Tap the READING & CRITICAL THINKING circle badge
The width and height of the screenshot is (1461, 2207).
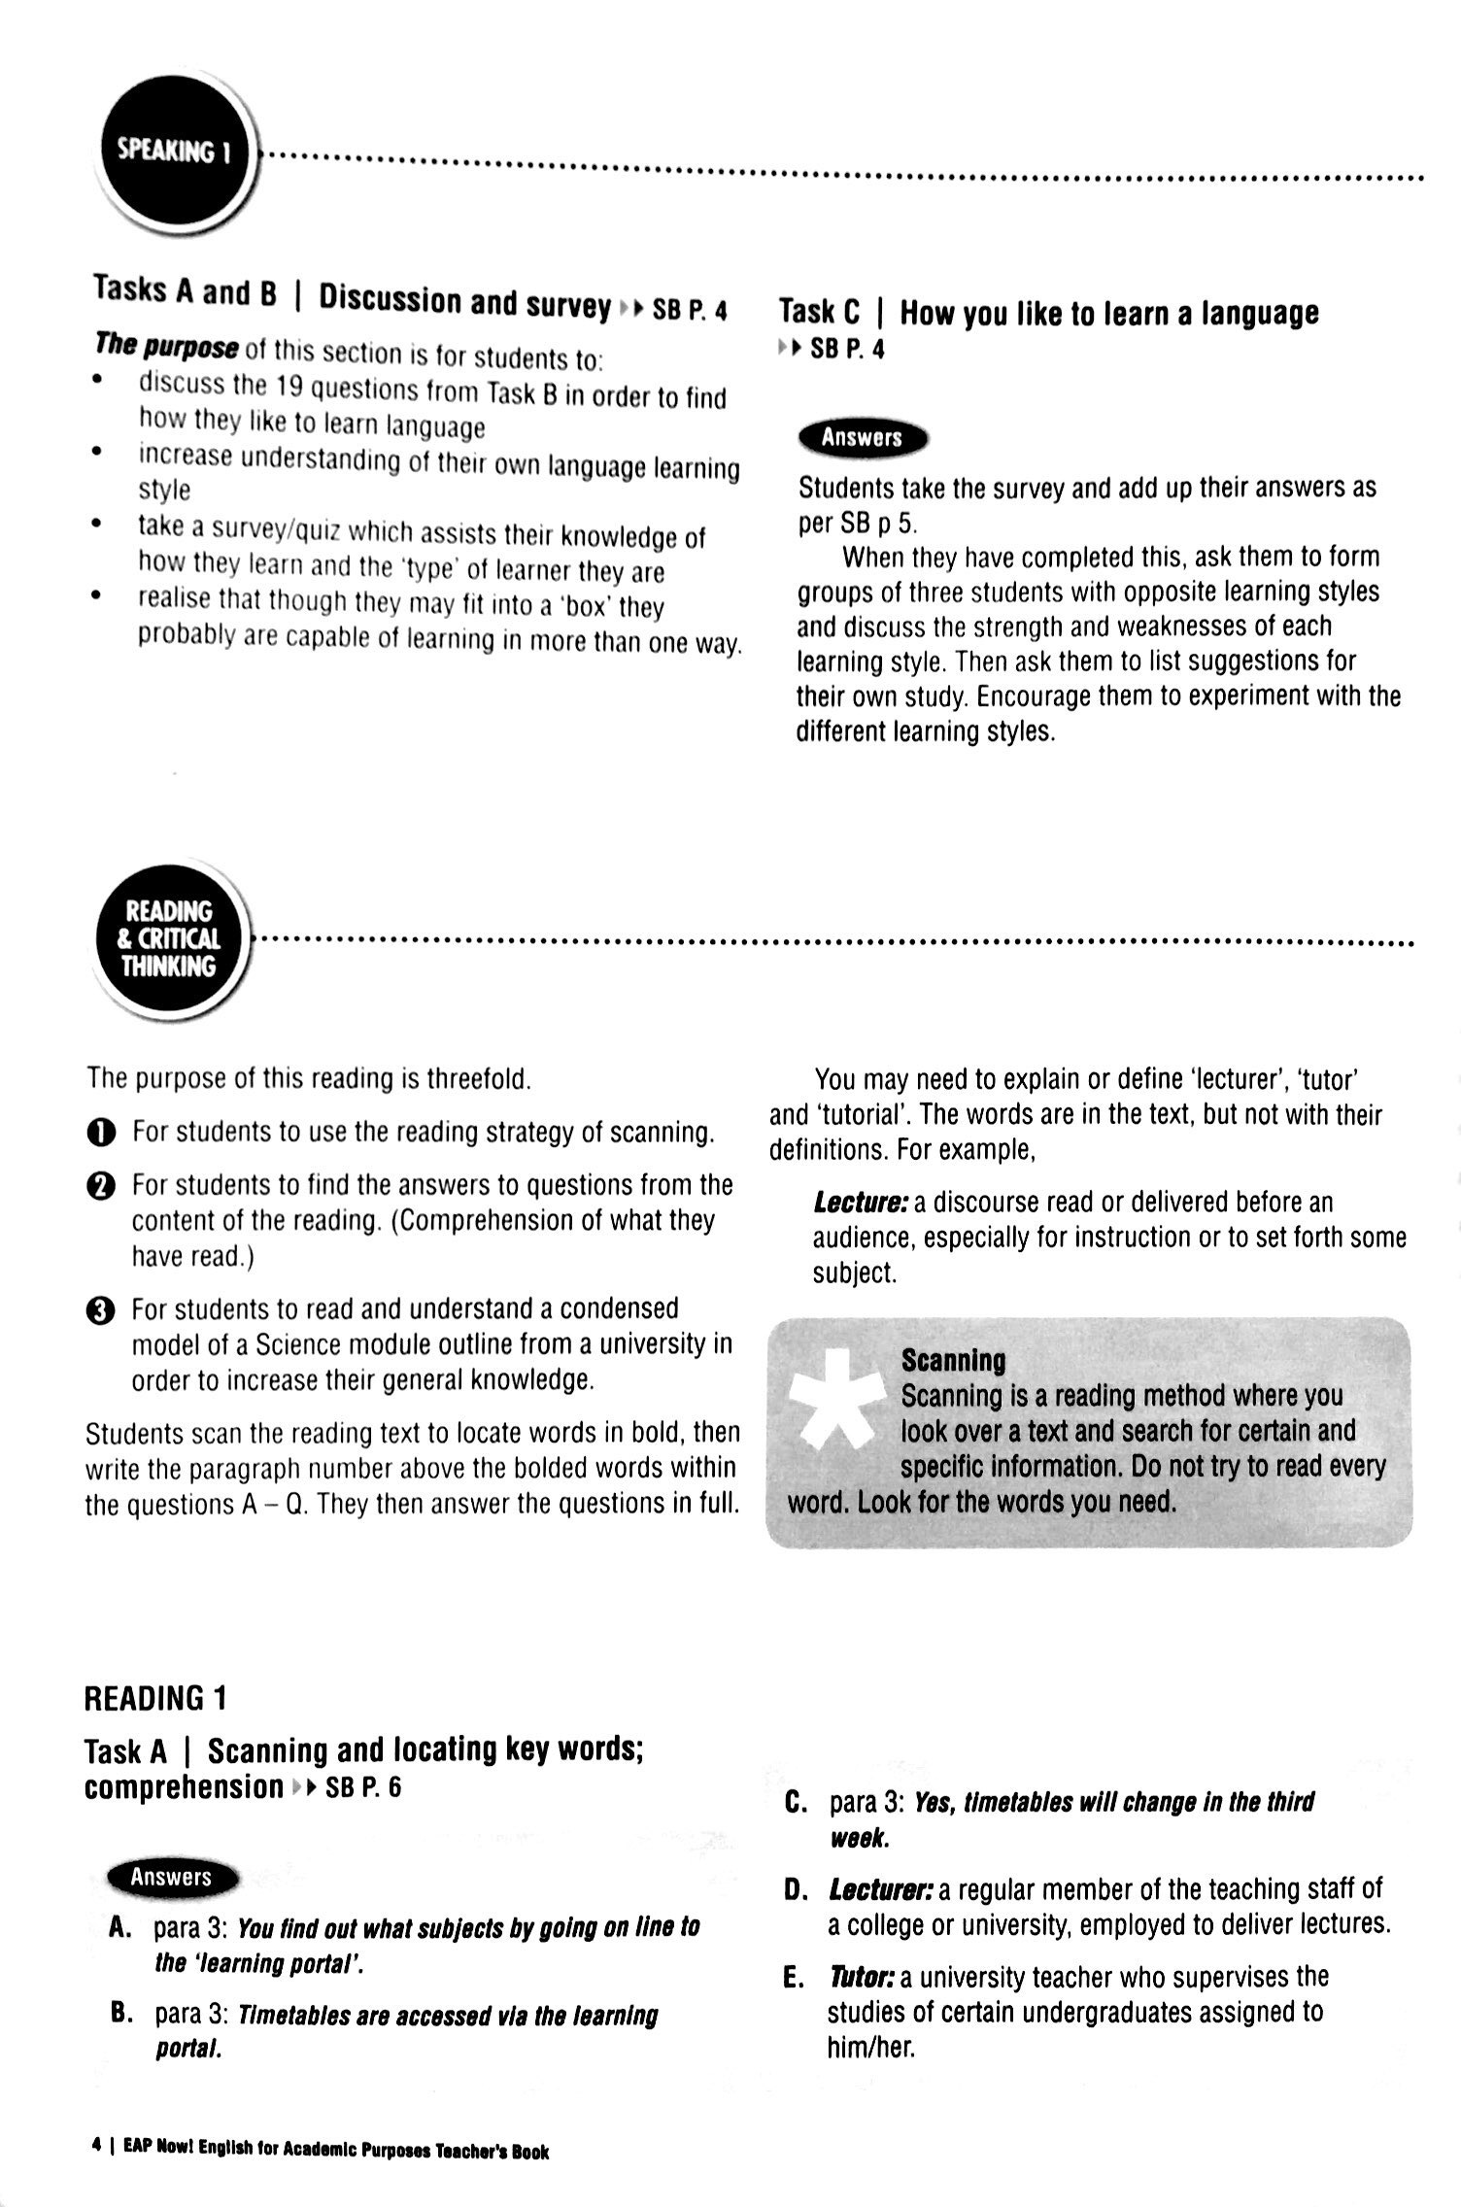click(x=169, y=938)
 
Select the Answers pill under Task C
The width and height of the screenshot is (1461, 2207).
click(x=862, y=438)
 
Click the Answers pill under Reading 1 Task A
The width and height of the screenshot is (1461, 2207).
click(x=171, y=1877)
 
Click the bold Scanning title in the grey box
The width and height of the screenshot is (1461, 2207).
click(x=953, y=1360)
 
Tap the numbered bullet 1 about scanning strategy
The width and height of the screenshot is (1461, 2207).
click(x=100, y=1133)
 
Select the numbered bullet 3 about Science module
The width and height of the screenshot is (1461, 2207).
click(x=100, y=1310)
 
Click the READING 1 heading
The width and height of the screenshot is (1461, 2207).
click(x=155, y=1698)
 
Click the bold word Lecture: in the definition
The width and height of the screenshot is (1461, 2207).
click(x=860, y=1203)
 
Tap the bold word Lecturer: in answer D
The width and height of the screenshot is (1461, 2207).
click(x=880, y=1889)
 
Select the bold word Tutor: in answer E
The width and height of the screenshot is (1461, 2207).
click(x=862, y=1977)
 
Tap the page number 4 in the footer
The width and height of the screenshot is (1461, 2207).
click(x=96, y=2151)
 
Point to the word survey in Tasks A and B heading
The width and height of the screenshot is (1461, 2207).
click(x=568, y=305)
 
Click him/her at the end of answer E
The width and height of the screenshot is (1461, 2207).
click(x=870, y=2047)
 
